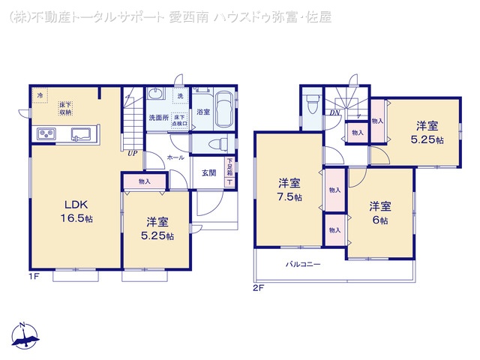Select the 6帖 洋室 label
coord(379,213)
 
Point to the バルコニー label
coord(303,264)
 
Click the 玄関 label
coord(208,172)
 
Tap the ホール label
coord(175,158)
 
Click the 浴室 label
coord(202,112)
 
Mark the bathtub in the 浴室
coord(223,110)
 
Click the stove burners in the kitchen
coord(44,134)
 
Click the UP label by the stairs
coord(132,154)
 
